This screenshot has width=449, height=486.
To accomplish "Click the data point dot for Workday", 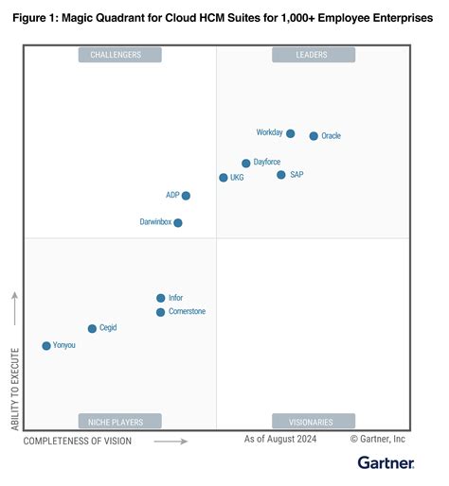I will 290,133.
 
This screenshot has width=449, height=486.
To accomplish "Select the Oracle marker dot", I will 314,136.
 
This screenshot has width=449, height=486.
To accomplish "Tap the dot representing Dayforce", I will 246,164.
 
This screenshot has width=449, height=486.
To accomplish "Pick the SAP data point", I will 281,175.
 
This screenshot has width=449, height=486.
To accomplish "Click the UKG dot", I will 224,178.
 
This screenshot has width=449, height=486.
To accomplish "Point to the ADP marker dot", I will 186,196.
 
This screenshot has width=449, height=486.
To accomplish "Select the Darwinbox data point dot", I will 178,223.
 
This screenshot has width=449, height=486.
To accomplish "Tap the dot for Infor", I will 161,298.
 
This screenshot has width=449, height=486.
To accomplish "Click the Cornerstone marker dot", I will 161,312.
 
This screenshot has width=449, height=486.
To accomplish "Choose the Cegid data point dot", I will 92,329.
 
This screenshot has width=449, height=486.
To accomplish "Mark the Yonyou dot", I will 46,346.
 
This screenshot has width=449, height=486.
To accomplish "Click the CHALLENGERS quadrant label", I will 119,55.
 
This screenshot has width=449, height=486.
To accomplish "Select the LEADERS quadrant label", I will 314,55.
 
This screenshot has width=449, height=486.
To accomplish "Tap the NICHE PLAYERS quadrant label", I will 119,422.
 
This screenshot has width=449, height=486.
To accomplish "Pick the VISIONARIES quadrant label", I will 314,422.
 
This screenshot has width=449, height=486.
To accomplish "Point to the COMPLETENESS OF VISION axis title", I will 79,441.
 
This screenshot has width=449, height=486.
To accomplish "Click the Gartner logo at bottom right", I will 386,462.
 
